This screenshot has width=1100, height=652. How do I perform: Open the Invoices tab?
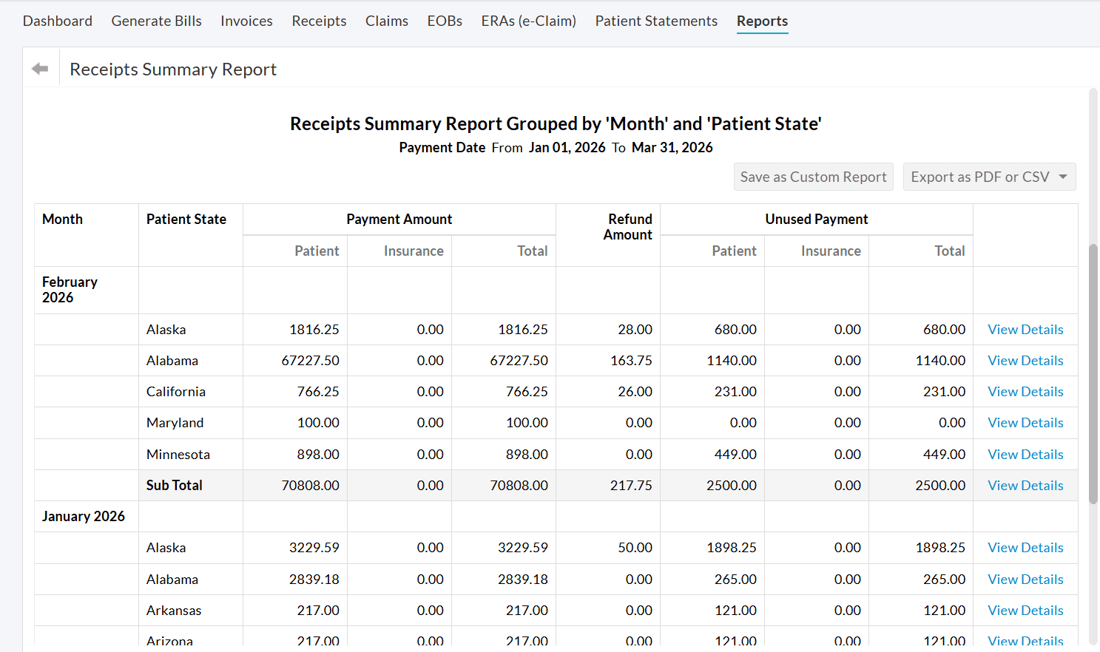246,21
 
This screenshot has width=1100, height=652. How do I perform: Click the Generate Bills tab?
156,21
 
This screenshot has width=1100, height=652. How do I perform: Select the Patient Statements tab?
655,21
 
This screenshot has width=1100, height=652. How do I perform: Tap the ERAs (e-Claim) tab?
528,21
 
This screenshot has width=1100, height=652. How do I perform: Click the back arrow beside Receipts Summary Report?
40,69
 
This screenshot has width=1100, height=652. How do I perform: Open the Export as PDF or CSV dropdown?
988,177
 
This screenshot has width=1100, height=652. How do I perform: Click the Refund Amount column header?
628,227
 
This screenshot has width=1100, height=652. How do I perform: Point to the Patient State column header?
186,220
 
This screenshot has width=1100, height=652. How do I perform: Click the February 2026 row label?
70,290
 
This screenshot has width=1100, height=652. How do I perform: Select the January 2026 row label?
83,517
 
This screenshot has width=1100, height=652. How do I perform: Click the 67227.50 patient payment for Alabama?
310,361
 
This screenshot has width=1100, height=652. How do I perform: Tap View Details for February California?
1025,392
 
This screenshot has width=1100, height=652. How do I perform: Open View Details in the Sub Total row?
1025,486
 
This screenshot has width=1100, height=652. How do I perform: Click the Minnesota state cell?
178,455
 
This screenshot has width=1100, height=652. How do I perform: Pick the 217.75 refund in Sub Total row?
630,486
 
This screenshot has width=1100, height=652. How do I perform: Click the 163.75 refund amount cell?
631,361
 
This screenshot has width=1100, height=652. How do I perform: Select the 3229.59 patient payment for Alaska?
314,548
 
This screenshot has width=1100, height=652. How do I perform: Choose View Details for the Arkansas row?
1025,611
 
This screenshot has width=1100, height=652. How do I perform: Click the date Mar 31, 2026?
672,148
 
